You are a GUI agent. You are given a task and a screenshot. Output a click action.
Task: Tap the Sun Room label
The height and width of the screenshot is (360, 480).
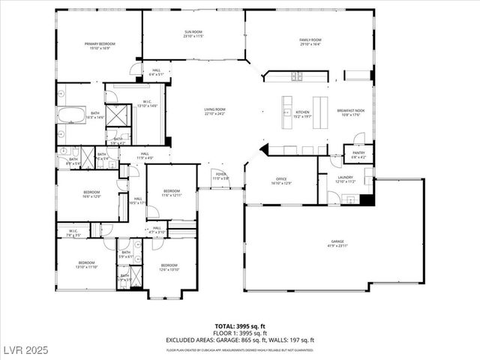click(x=193, y=34)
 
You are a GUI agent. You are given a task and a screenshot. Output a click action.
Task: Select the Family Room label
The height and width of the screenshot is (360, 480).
click(x=309, y=41)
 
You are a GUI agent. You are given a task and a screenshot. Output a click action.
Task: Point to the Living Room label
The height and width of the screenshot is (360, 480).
click(x=215, y=111)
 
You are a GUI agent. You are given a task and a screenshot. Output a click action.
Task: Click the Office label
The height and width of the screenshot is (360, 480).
click(x=281, y=181)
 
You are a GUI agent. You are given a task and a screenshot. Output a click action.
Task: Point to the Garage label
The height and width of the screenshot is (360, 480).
click(x=337, y=244)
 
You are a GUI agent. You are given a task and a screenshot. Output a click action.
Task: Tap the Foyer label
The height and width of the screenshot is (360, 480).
click(x=220, y=177)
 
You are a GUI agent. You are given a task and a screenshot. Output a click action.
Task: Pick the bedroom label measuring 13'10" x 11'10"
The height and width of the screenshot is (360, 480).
click(x=86, y=265)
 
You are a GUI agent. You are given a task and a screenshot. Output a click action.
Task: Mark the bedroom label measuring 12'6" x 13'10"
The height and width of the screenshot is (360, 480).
click(x=169, y=266)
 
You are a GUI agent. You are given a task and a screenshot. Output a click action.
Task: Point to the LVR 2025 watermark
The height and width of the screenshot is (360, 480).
click(x=24, y=350)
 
